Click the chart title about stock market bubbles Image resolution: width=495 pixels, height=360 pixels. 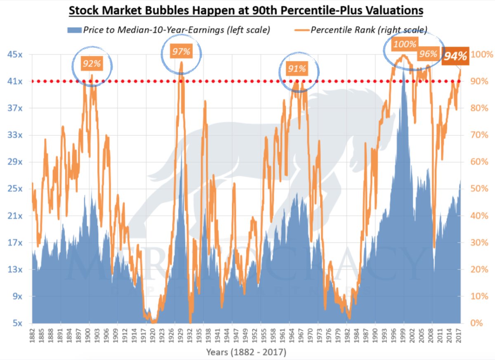246,10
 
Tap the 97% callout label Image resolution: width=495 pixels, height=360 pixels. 181,52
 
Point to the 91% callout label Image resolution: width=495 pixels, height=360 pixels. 297,68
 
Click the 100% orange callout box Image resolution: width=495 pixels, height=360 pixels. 405,44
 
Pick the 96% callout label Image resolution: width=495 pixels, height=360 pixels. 428,54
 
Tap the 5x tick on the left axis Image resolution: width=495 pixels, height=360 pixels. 17,323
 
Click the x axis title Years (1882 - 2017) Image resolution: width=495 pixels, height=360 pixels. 246,353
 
